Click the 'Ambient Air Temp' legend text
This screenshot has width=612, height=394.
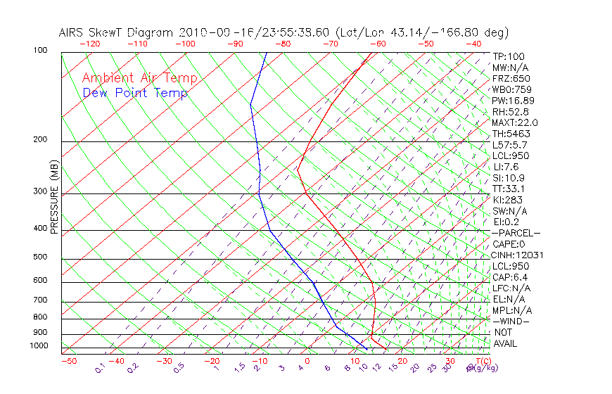pyautogui.click(x=139, y=79)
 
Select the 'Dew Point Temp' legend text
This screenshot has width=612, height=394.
pyautogui.click(x=135, y=94)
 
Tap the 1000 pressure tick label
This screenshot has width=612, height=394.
pyautogui.click(x=41, y=346)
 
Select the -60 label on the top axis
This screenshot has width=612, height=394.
pyautogui.click(x=378, y=44)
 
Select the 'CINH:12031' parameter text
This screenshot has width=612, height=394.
pyautogui.click(x=518, y=255)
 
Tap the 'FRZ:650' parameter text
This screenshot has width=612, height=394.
pyautogui.click(x=511, y=79)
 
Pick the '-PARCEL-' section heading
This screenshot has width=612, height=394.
pyautogui.click(x=516, y=233)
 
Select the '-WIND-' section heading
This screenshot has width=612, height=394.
pyautogui.click(x=511, y=322)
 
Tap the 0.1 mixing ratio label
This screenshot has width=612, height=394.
pyautogui.click(x=100, y=368)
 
